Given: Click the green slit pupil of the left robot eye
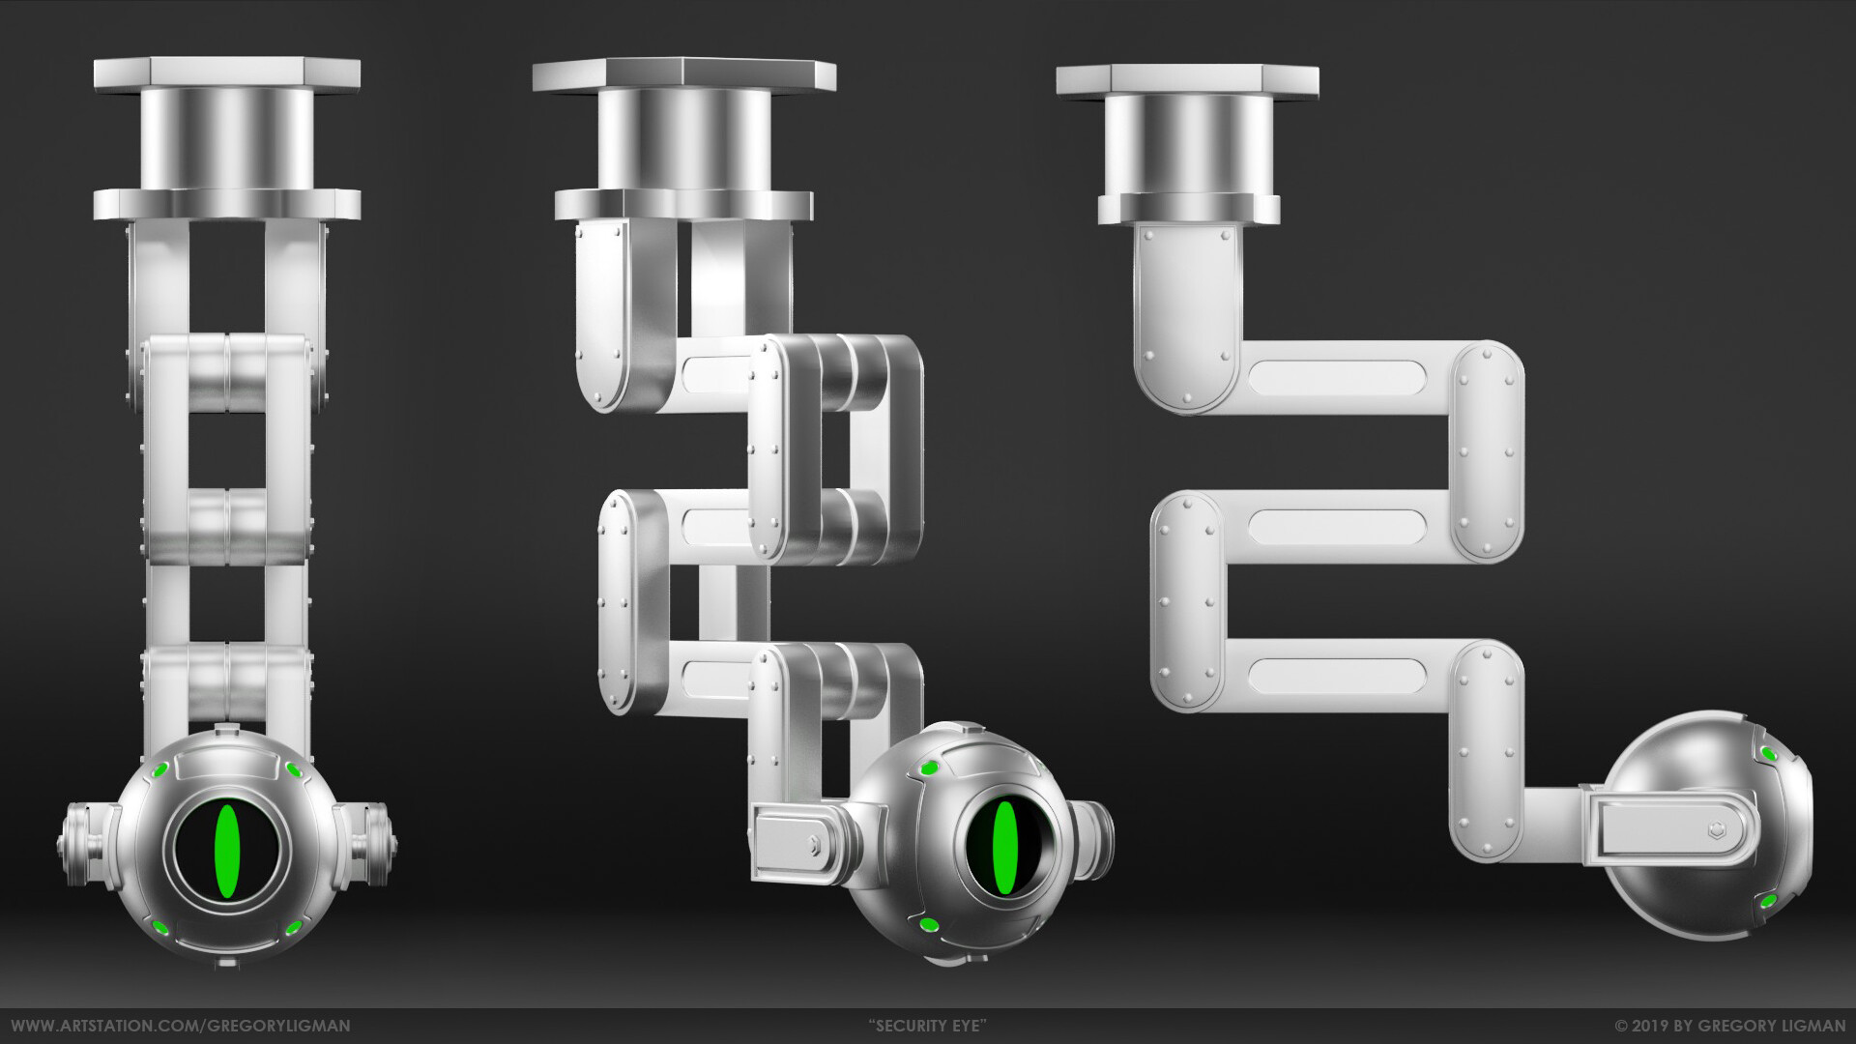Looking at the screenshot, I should point(227,851).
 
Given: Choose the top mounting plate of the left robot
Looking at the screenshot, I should point(227,72).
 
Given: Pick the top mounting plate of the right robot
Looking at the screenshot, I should point(1187,79).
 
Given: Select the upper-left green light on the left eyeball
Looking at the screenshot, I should point(159,770).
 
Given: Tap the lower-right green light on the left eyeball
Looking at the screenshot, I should point(293,929).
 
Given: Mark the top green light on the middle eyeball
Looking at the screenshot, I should point(929,768).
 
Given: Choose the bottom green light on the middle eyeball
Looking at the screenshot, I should point(929,926).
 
